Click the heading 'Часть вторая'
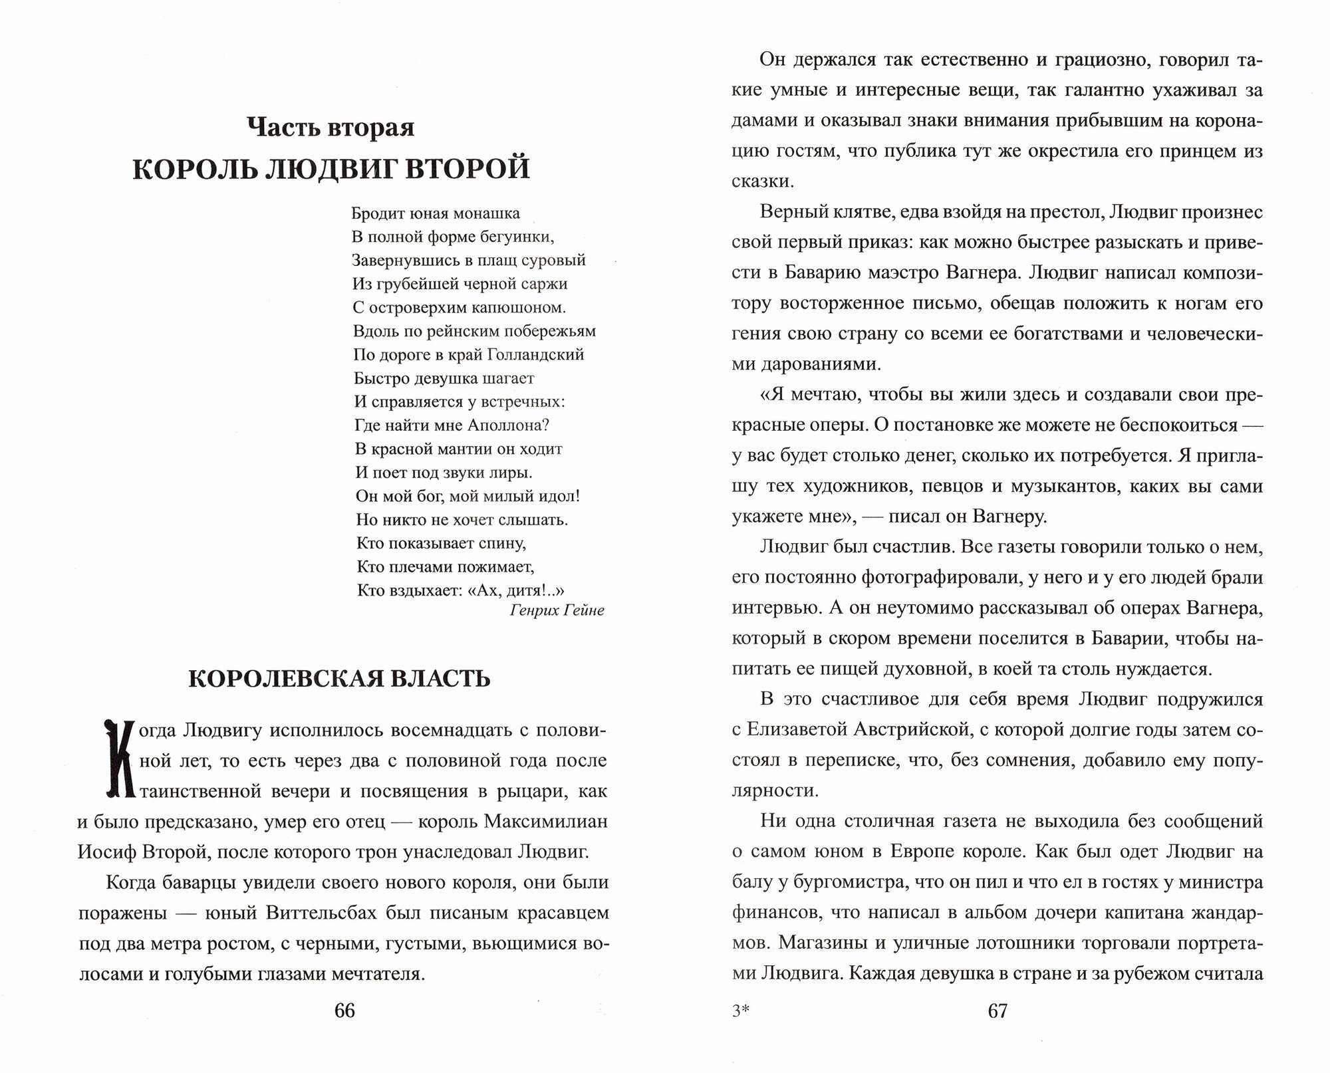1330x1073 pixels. [331, 128]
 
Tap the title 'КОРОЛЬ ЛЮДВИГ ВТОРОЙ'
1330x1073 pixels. [331, 169]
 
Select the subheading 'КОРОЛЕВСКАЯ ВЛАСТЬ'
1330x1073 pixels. [339, 679]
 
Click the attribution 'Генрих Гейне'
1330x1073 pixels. [557, 610]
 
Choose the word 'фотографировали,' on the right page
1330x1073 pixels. [942, 578]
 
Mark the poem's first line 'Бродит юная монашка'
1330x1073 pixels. [436, 214]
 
